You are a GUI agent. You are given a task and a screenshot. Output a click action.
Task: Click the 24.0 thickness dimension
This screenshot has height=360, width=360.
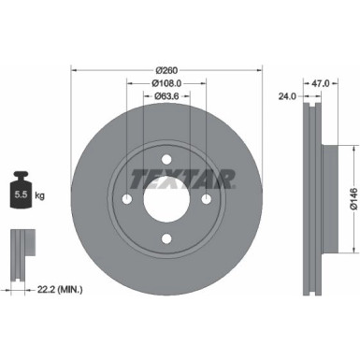pos(288,95)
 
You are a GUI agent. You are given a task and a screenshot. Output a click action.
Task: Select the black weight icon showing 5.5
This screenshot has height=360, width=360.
pos(21,194)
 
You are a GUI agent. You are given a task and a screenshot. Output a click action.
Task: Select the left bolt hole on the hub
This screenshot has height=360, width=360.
pos(126,198)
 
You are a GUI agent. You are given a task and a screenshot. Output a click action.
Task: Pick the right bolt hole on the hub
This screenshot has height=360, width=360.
pos(206,198)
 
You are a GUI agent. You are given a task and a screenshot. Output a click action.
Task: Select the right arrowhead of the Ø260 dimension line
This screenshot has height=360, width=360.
pos(257,70)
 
